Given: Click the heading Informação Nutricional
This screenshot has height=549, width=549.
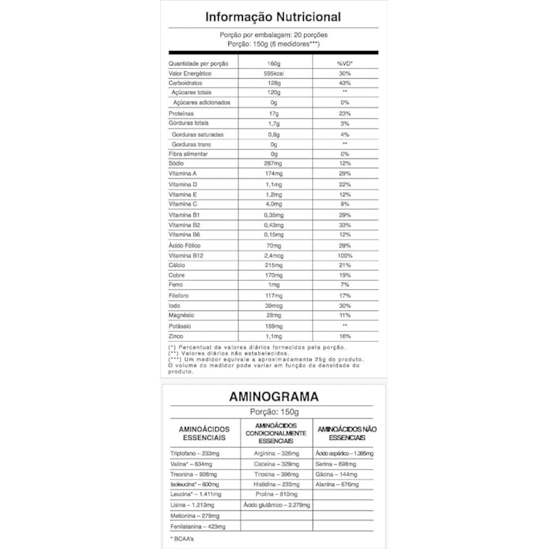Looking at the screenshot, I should [273, 17].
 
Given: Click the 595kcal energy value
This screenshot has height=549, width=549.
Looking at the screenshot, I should [273, 73].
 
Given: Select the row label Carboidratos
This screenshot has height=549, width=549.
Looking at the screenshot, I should [186, 83].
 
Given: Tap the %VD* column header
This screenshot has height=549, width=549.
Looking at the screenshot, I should [345, 63].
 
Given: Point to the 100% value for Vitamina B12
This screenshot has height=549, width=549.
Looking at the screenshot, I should [345, 256].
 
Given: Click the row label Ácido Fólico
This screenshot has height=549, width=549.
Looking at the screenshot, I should [185, 245].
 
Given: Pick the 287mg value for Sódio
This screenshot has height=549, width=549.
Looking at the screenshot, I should [273, 164].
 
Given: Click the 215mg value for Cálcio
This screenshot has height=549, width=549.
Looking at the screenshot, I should [273, 265].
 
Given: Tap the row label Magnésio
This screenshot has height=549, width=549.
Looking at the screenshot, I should [183, 316].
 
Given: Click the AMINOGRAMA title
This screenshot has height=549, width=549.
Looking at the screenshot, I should [274, 397].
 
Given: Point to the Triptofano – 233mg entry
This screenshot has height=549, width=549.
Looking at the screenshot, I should [196, 453].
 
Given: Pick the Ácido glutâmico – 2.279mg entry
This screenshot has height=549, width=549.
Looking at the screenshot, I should [276, 504].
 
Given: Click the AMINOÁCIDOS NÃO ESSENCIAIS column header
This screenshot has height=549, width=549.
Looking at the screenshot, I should [347, 432].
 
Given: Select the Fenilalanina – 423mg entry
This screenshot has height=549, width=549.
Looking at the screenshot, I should [199, 525].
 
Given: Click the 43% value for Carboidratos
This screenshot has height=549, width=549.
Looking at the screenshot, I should [345, 83].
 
